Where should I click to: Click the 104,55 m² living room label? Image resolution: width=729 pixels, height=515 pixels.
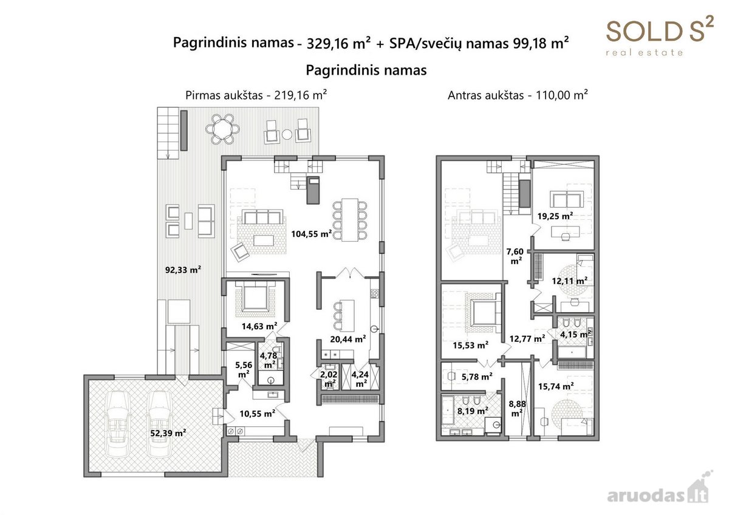(x=312, y=234)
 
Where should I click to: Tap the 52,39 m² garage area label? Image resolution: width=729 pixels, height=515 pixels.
(x=168, y=433)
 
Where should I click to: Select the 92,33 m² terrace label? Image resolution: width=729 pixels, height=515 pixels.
(x=183, y=270)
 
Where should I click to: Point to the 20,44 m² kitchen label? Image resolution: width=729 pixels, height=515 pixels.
(x=348, y=339)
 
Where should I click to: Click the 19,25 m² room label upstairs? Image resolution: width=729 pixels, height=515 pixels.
(x=555, y=216)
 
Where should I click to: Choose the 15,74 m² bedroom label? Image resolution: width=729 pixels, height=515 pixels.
(x=556, y=386)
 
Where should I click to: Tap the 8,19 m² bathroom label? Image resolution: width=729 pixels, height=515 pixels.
(x=473, y=411)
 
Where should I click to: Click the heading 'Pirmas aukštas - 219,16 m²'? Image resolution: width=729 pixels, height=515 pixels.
(x=256, y=95)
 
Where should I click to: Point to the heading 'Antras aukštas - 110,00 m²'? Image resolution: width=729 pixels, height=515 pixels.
(x=518, y=95)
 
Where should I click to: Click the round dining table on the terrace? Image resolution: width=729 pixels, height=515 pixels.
(x=222, y=129)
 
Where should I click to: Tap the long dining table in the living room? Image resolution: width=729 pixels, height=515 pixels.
(x=350, y=220)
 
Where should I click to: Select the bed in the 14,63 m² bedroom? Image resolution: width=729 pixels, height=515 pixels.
(x=256, y=296)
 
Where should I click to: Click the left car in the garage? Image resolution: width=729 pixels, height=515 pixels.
(x=118, y=424)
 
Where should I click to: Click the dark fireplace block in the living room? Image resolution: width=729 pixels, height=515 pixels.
(x=313, y=190)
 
